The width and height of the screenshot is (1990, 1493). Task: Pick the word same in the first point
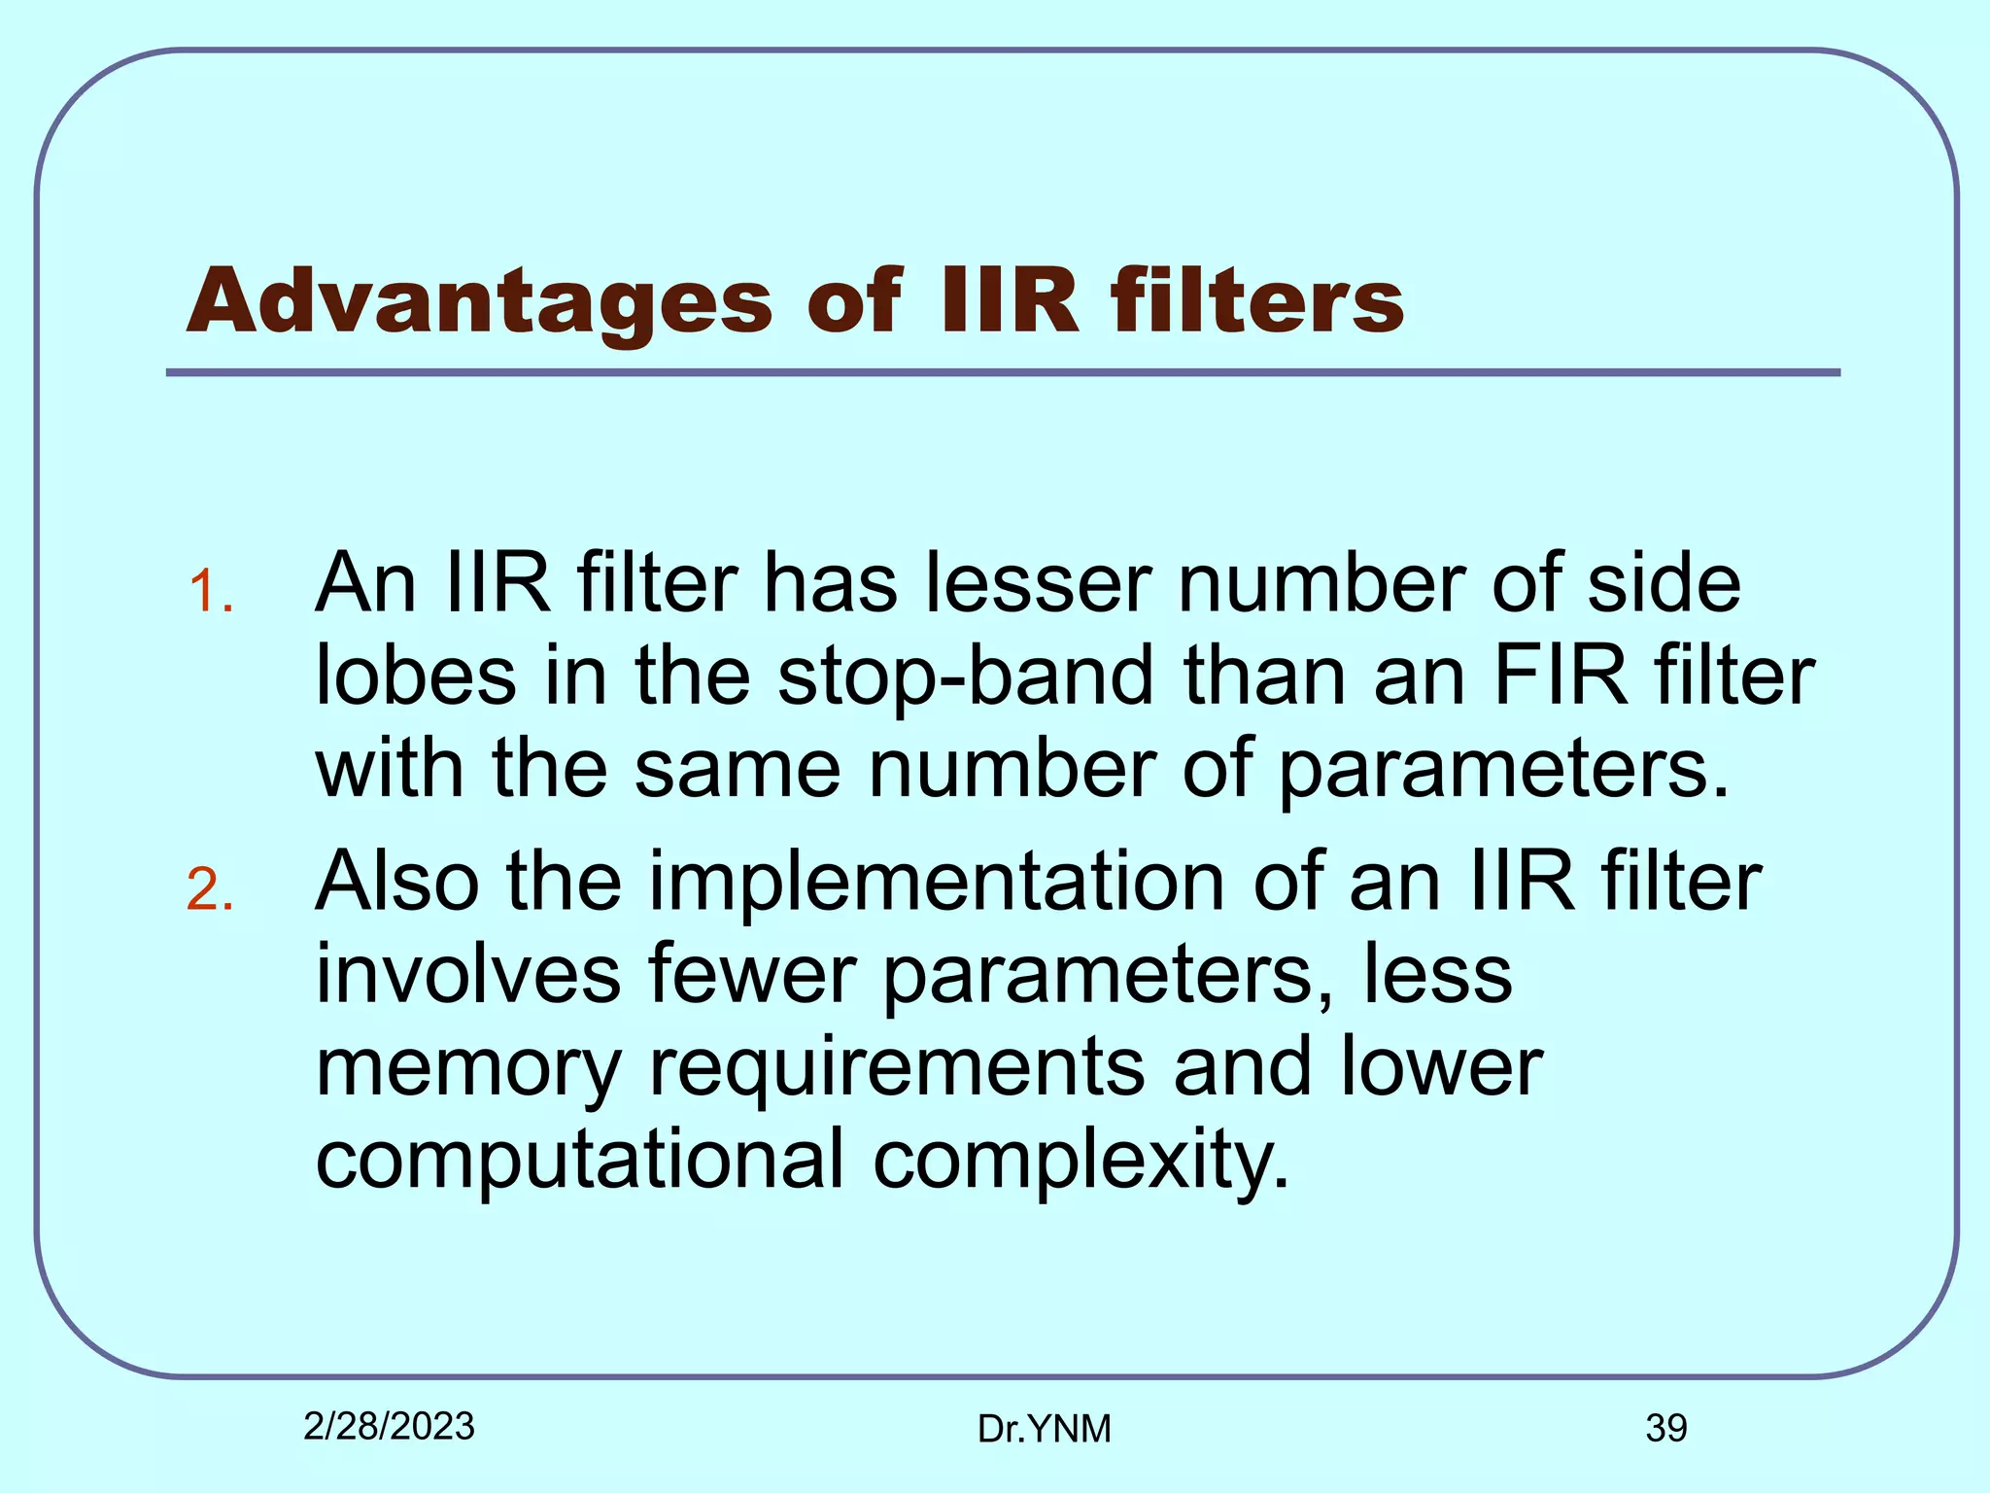tap(738, 769)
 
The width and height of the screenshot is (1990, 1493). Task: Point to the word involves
tap(468, 974)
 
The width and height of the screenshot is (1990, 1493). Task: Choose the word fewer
tap(752, 974)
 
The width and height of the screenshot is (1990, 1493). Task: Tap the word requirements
tap(897, 1067)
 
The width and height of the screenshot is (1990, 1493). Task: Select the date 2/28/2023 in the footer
tap(389, 1426)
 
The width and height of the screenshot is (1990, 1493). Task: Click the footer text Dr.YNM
tap(1044, 1429)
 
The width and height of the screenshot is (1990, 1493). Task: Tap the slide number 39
tap(1665, 1428)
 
